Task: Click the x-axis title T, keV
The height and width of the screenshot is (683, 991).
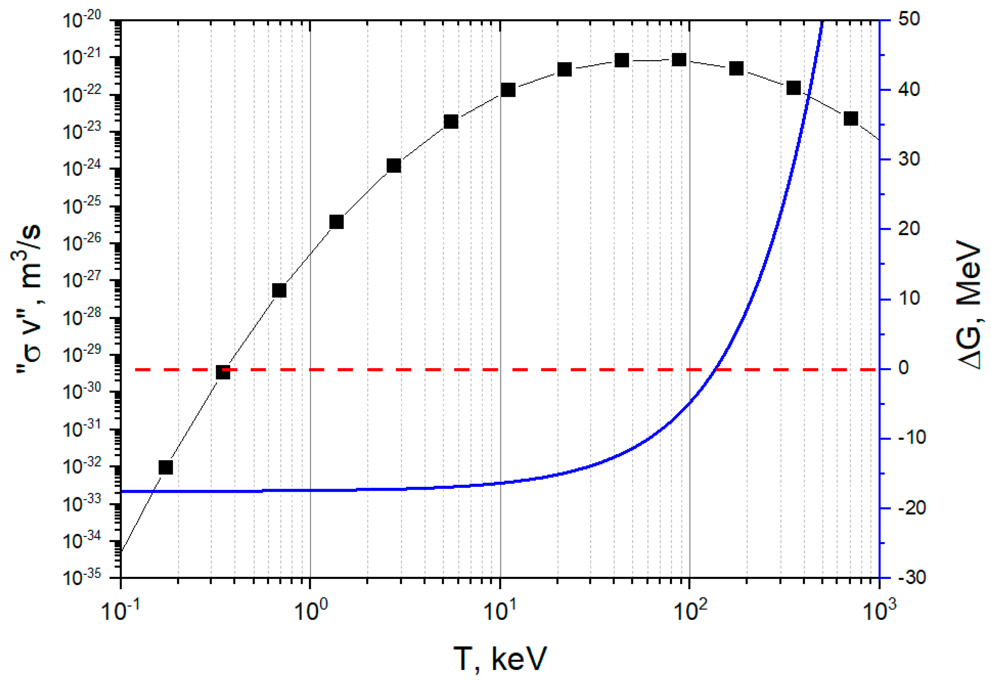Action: [x=500, y=658]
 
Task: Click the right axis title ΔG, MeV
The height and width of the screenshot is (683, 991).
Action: [x=968, y=304]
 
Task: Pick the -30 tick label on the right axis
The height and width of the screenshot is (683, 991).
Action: [x=911, y=578]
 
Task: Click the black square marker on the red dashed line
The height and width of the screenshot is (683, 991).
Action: [x=223, y=372]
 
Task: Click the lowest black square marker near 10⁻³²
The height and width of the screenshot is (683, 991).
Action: [x=166, y=467]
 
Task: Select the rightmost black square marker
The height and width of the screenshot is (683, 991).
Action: [x=851, y=119]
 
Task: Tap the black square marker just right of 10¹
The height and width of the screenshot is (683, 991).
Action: [x=508, y=90]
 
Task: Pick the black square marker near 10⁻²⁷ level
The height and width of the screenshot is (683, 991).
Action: [x=279, y=291]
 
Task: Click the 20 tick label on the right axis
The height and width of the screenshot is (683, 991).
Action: [x=909, y=229]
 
